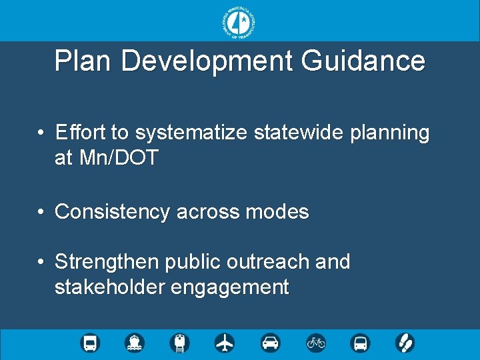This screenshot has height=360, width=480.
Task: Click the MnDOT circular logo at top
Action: [x=239, y=22]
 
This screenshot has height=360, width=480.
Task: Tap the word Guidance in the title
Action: [x=363, y=61]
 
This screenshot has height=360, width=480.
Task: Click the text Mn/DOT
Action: [x=118, y=158]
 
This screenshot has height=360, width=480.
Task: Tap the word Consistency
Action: [x=113, y=212]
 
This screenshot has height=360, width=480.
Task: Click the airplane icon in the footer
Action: [x=225, y=343]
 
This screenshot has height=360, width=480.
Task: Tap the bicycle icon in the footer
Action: [x=316, y=343]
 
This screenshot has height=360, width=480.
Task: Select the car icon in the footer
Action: [x=271, y=343]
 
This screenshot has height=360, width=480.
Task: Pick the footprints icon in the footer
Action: [x=405, y=343]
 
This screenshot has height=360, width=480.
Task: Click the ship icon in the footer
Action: [x=135, y=343]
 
